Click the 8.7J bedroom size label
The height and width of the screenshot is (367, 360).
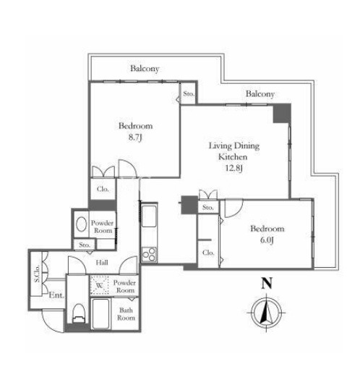[x=135, y=138]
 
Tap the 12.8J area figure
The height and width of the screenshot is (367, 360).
[x=233, y=168]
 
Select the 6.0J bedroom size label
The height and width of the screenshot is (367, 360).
[x=267, y=240]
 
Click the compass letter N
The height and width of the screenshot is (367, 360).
[x=267, y=283]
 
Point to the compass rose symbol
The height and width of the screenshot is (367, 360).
[x=266, y=312]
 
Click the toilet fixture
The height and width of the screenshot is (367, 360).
[x=79, y=313]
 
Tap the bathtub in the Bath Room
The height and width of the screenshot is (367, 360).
[x=100, y=313]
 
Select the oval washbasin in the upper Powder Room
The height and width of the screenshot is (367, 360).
[x=82, y=224]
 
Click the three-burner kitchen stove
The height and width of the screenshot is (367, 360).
[x=149, y=255]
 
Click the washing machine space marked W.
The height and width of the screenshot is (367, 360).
[x=100, y=285]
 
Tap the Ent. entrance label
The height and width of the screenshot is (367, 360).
[x=56, y=295]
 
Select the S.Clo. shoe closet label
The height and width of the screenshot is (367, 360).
[x=37, y=274]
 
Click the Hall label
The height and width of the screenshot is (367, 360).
[x=102, y=262]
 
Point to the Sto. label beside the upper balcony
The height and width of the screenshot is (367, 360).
[x=189, y=93]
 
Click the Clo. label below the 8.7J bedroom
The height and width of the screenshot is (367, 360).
[x=103, y=189]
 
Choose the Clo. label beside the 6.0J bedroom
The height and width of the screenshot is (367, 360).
[x=208, y=253]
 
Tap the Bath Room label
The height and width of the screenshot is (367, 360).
[x=126, y=313]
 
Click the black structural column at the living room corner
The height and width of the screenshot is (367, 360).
[x=282, y=113]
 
